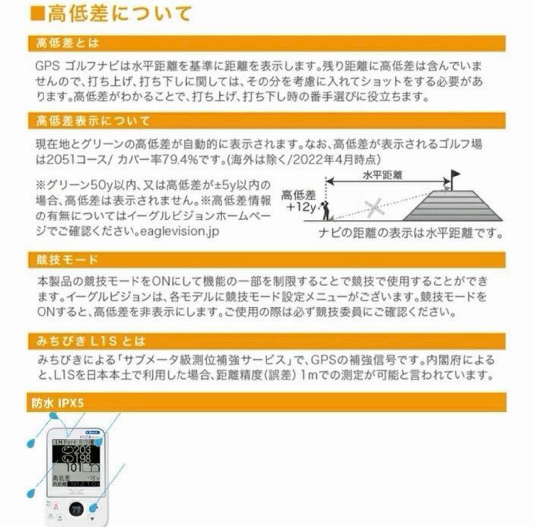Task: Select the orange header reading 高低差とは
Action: [68, 44]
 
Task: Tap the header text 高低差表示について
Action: [92, 121]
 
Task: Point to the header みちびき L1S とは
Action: [91, 341]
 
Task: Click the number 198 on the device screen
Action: [81, 459]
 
